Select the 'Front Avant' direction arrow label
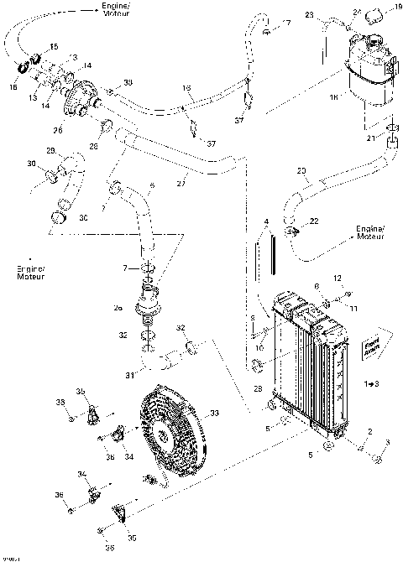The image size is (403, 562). click(370, 345)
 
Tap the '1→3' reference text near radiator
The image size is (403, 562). click(370, 382)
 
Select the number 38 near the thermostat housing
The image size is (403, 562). click(128, 81)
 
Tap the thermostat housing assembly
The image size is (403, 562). click(83, 96)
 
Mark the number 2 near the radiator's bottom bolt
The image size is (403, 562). click(368, 432)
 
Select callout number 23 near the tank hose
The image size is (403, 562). click(309, 15)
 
